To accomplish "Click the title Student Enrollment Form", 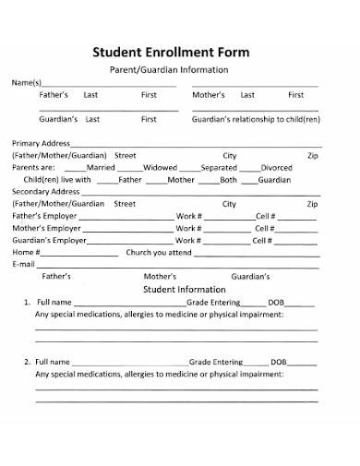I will coord(181,53).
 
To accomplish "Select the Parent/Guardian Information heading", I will coord(181,70).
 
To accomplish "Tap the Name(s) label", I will coord(28,83).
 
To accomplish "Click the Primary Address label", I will coord(42,144).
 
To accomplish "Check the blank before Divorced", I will coord(249,168).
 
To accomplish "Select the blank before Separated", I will coord(189,168).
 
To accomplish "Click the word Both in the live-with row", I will coord(227,180).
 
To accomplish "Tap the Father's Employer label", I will coord(45,216).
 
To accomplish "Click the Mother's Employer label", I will coord(46,228).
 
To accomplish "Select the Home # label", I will coord(25,252).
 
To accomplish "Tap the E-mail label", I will coord(23,264).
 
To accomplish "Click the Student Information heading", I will coord(181,289).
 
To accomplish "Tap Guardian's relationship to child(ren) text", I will coord(256,119).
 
